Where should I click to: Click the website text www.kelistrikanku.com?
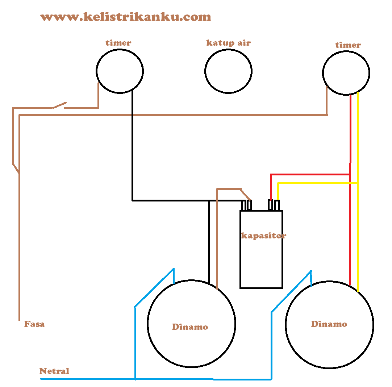125,17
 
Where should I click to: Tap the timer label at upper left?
118,43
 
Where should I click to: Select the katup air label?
228,43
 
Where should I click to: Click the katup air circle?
228,71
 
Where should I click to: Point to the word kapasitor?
264,236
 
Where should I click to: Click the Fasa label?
34,324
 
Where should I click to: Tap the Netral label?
54,371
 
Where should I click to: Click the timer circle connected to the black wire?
120,71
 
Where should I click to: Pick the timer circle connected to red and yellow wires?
346,72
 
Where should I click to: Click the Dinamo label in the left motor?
190,327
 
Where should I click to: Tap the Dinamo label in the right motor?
329,324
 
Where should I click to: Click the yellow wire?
358,145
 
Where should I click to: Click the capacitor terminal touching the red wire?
270,205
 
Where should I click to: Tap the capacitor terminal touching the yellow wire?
277,205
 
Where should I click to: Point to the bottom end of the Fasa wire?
19,320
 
